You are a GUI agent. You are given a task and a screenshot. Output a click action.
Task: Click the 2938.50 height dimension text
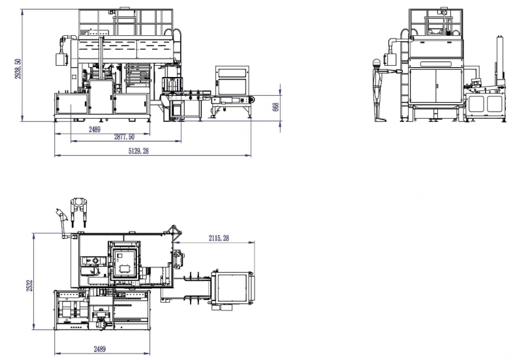tap(18, 68)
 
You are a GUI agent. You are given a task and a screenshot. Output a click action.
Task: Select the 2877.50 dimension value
tap(124, 137)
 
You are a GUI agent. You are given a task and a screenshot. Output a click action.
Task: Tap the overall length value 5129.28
tap(138, 151)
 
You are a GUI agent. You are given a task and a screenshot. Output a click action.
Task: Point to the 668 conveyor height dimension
tap(276, 107)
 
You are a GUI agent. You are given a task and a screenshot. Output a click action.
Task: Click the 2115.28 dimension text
tap(219, 238)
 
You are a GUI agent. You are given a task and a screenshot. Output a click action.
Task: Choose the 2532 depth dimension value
tap(29, 285)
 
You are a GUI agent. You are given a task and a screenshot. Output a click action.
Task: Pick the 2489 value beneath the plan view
tap(100, 349)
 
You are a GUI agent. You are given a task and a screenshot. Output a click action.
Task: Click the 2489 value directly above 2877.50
tap(95, 129)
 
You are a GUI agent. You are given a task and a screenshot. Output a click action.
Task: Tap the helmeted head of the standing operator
tap(376, 63)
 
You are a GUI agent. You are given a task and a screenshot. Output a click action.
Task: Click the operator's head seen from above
tap(78, 202)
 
